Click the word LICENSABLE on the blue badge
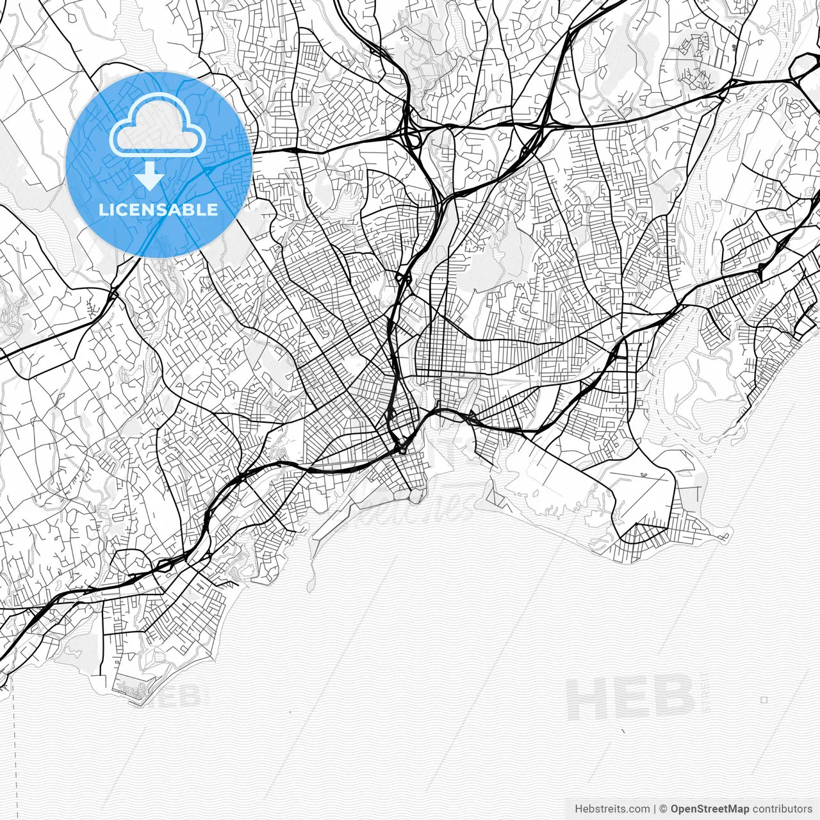click(158, 209)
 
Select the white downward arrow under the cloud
click(150, 176)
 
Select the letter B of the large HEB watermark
click(673, 699)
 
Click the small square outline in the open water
click(764, 700)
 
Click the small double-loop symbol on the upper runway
click(643, 475)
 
